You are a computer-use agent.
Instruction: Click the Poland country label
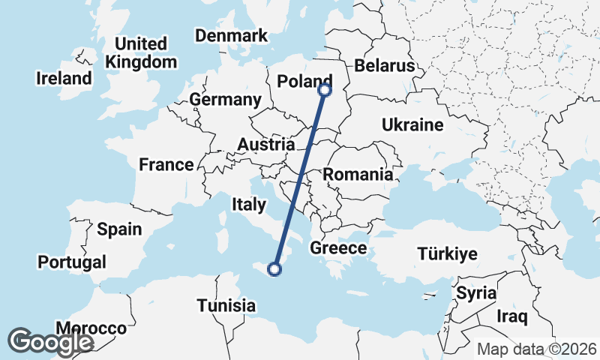click(304, 81)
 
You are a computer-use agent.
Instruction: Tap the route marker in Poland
click(325, 90)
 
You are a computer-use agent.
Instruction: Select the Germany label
click(225, 100)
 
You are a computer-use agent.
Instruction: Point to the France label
click(166, 164)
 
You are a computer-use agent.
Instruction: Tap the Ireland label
click(64, 78)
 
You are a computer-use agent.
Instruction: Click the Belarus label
click(384, 66)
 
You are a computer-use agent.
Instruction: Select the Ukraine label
click(412, 124)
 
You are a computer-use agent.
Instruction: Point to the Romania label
click(358, 175)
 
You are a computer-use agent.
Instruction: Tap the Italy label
click(249, 204)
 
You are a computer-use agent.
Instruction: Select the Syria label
click(476, 292)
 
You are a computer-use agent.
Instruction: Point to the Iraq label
click(511, 316)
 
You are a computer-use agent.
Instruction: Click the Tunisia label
click(226, 305)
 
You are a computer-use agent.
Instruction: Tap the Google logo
click(49, 342)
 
